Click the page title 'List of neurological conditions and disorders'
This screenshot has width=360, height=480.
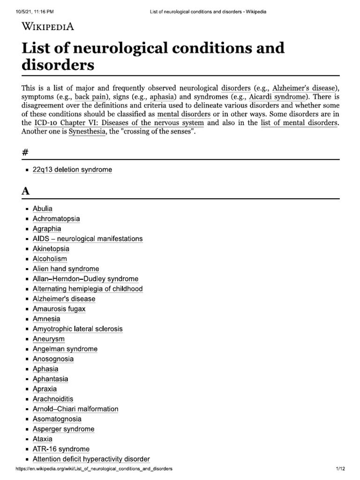pos(153,56)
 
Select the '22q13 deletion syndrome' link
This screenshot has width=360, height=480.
pos(72,169)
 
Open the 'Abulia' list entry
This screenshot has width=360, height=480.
pos(43,209)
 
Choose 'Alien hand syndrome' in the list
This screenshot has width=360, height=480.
pos(66,269)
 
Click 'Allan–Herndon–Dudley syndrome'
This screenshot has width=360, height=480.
pos(85,279)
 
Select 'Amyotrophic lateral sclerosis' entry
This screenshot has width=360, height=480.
pos(77,329)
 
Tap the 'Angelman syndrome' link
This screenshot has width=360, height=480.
pos(65,349)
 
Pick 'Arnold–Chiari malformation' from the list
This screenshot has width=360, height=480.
pos(75,409)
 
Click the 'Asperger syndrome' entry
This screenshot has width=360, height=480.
pos(63,429)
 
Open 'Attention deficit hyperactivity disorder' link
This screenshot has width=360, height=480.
pos(91,459)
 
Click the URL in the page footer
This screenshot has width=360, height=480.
pos(94,469)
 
